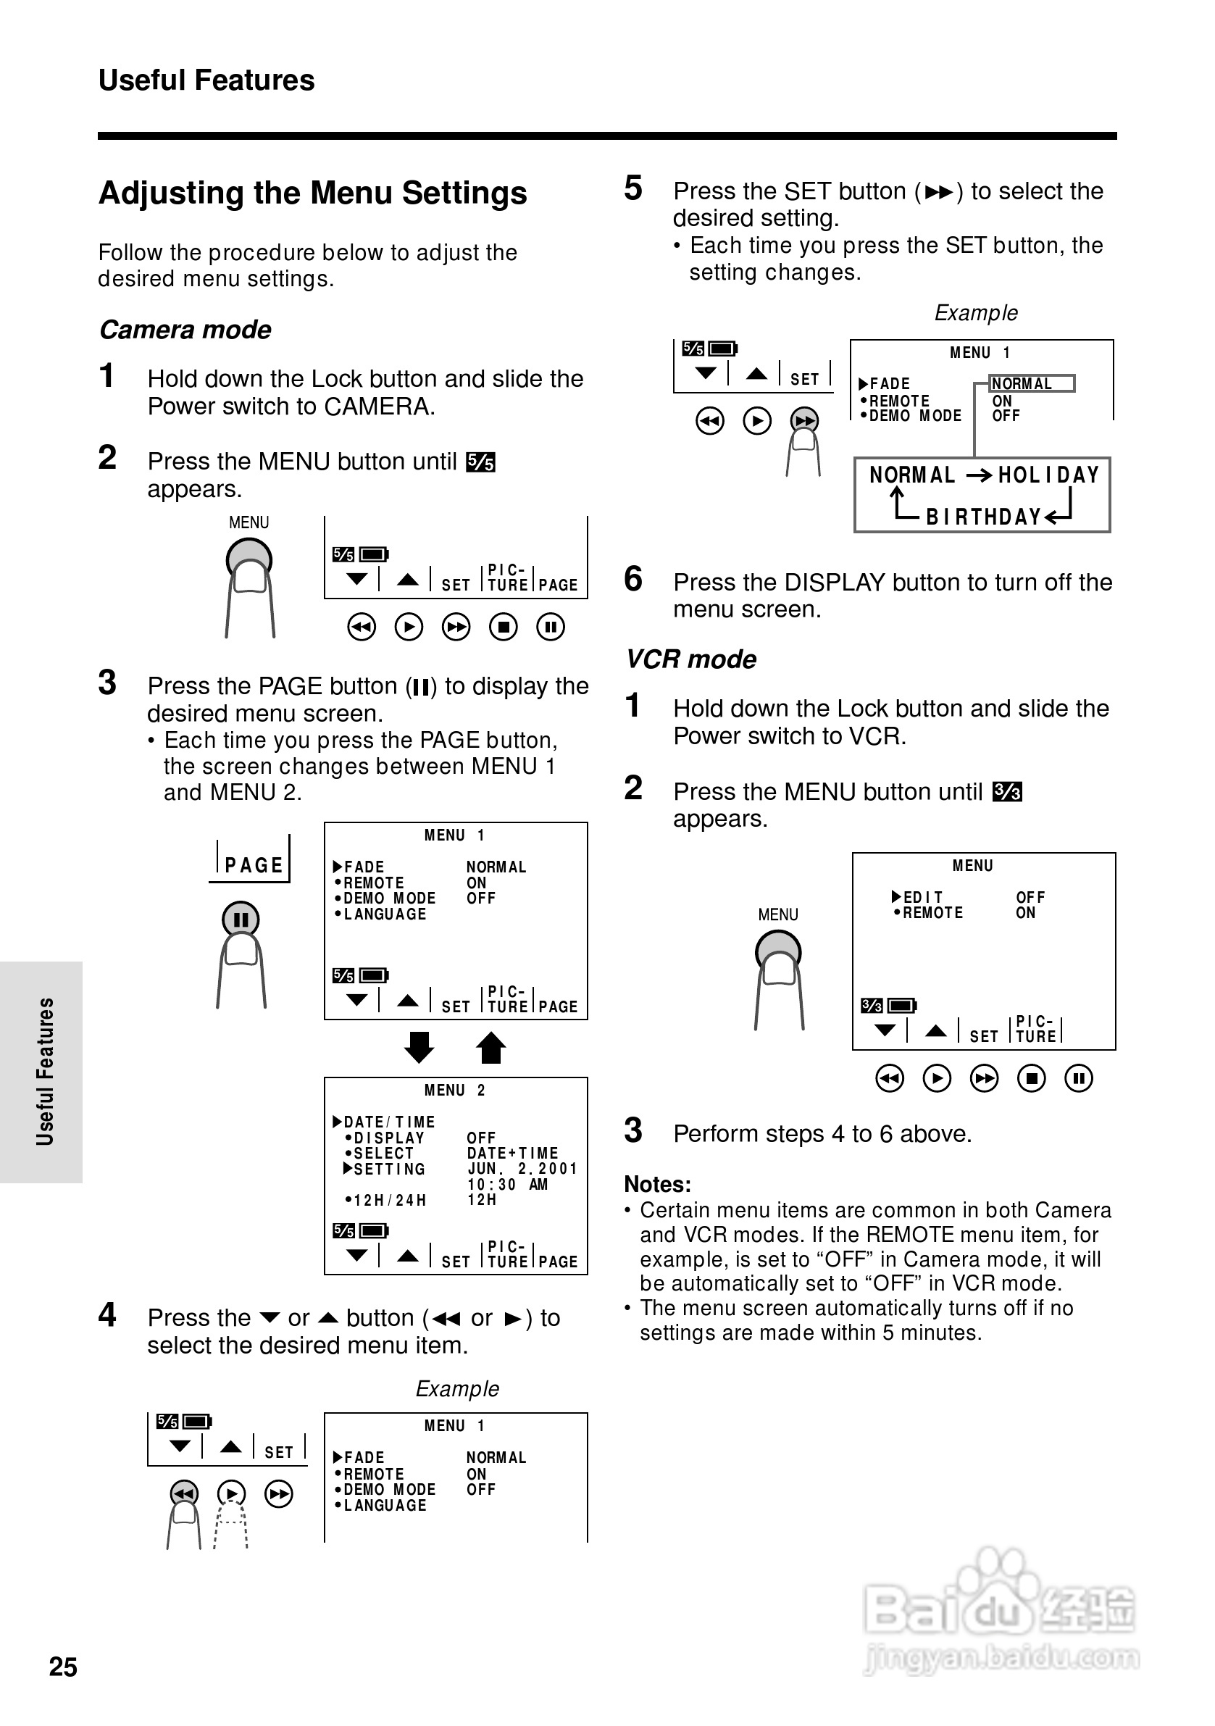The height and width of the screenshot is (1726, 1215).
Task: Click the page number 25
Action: coord(63,1667)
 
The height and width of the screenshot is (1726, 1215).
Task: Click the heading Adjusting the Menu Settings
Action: coord(313,193)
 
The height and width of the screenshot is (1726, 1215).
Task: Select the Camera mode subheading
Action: coord(185,330)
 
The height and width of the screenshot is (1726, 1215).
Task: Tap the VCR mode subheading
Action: coord(691,659)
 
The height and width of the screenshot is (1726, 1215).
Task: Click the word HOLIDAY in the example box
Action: coord(1049,475)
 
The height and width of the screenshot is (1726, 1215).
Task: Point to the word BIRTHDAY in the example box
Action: coord(983,517)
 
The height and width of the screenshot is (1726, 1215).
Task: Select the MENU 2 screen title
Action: coord(455,1090)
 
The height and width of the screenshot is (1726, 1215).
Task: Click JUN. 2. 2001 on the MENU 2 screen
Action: coord(522,1169)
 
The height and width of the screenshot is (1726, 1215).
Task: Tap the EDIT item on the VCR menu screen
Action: coord(922,897)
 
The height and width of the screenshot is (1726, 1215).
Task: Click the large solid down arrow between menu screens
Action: coord(419,1047)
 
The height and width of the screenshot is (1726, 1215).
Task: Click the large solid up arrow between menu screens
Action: coord(491,1047)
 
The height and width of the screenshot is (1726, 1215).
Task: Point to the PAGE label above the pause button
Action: coord(254,865)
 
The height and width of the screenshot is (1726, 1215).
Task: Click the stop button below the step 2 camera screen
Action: coord(503,627)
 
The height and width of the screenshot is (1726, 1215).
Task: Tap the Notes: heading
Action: coord(657,1185)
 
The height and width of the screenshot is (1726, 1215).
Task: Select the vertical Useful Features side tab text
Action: coord(45,1071)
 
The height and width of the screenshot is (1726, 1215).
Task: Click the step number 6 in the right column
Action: coord(633,579)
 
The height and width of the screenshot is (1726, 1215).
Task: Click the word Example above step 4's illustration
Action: coord(457,1388)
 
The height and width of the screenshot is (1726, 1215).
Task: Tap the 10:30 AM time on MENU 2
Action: coord(507,1185)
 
